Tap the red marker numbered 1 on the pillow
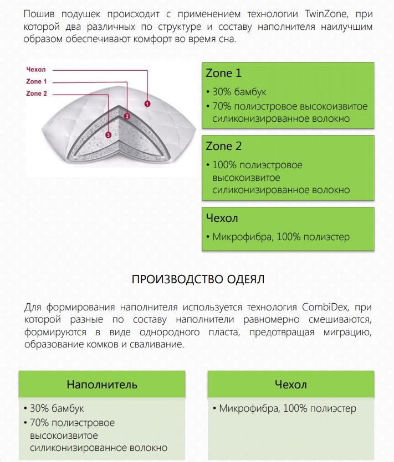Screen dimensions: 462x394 [147, 103]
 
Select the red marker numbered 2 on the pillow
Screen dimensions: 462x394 [127, 116]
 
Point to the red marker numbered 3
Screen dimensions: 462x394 [108, 134]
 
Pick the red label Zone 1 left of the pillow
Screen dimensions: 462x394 [37, 82]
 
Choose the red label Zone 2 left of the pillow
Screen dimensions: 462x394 [37, 94]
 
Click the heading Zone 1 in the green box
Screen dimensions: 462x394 [223, 74]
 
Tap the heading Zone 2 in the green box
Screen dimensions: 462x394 [223, 147]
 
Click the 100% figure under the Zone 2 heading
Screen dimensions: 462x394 [224, 165]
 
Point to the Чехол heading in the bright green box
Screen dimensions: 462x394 [222, 218]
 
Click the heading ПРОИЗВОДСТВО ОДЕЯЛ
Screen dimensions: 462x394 [198, 279]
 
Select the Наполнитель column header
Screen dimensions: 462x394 [102, 384]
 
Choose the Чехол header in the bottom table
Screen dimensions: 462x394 [290, 384]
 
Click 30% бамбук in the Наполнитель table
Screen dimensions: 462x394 [57, 408]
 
